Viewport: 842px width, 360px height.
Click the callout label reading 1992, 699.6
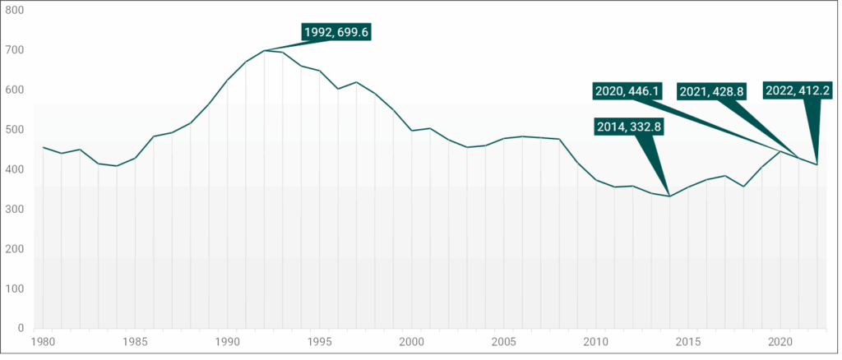click(336, 32)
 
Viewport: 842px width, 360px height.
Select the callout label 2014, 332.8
click(629, 127)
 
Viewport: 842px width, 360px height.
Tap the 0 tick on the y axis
click(21, 329)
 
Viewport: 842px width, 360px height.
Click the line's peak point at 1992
click(264, 50)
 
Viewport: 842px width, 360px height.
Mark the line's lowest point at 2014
click(669, 196)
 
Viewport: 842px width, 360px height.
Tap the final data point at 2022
click(817, 164)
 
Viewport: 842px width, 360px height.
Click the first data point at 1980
click(43, 147)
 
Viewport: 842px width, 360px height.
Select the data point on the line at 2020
click(780, 151)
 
